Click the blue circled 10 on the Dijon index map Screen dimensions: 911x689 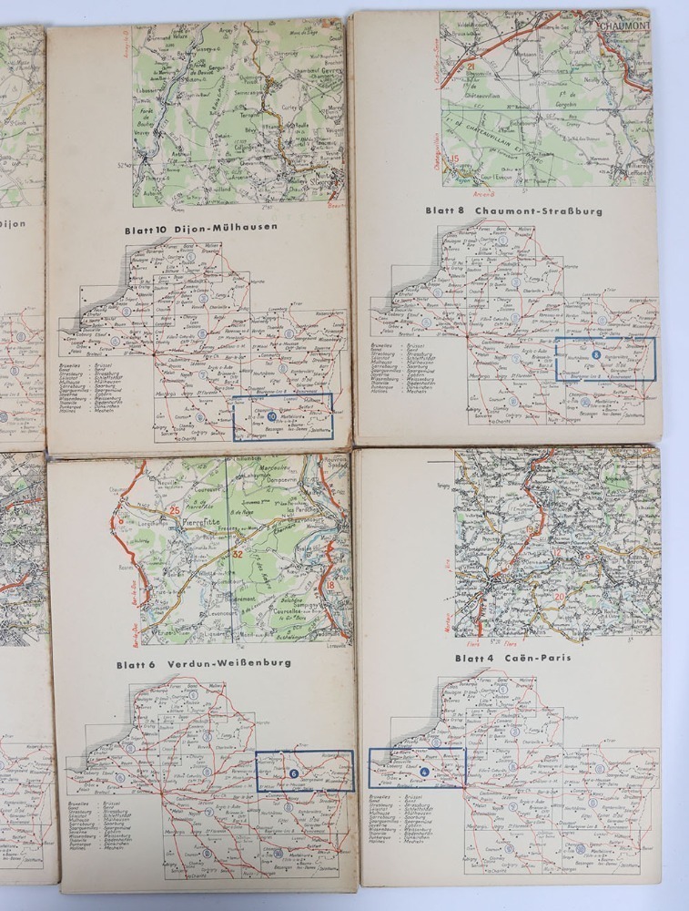point(271,418)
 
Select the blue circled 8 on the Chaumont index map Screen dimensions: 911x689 point(596,355)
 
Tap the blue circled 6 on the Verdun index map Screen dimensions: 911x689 point(293,773)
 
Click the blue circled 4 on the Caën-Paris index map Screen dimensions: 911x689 point(424,772)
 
